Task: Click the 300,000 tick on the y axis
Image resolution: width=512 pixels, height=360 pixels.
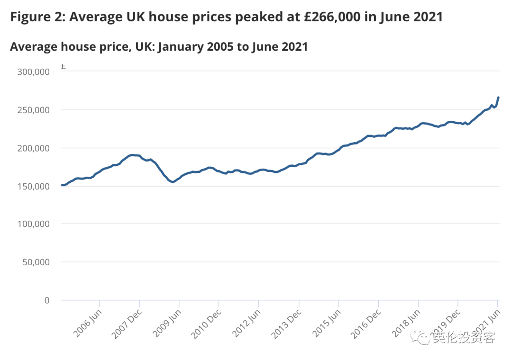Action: point(33,72)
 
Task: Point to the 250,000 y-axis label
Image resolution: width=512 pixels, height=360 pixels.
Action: point(33,110)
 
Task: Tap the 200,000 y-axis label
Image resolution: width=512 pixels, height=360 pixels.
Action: point(33,148)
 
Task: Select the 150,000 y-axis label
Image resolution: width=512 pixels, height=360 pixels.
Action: point(33,186)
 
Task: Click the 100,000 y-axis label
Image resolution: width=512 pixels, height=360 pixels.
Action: point(33,224)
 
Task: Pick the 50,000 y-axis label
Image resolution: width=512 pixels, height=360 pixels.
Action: point(36,262)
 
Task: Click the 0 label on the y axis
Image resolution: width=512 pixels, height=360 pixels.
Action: point(46,300)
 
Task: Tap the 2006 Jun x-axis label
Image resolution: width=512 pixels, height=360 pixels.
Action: point(88,323)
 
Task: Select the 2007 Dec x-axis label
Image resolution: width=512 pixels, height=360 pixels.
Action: point(127,324)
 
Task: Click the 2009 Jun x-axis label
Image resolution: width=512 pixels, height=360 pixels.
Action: point(167,323)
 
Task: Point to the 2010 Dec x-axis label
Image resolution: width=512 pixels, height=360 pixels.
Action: point(207,324)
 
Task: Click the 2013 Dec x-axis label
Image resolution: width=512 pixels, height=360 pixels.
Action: point(286,324)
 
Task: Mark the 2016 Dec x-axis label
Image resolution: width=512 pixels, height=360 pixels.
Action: point(366,324)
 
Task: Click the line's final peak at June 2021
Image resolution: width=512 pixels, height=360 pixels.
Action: point(498,98)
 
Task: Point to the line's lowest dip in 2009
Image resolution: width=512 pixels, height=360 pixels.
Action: point(173,182)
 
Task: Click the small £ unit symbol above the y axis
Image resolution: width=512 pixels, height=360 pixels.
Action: point(63,67)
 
